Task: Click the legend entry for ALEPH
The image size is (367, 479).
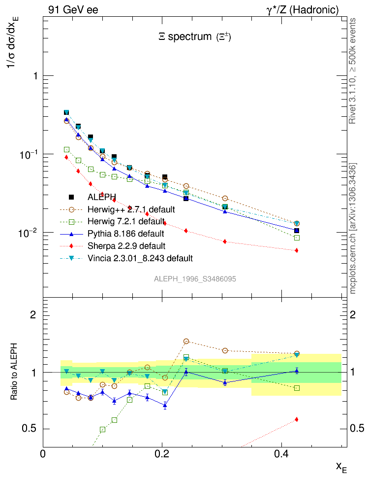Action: tap(101, 198)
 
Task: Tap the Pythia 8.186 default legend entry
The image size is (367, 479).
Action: tap(125, 234)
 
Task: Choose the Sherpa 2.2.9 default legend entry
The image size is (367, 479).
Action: tap(126, 245)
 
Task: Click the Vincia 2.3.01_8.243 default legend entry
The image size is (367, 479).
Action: tap(140, 258)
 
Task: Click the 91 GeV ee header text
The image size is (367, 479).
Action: tap(73, 9)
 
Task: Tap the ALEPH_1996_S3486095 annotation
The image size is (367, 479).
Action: tap(195, 279)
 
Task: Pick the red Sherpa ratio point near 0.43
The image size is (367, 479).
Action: tap(297, 419)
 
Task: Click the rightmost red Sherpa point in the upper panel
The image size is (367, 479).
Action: tap(297, 250)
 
